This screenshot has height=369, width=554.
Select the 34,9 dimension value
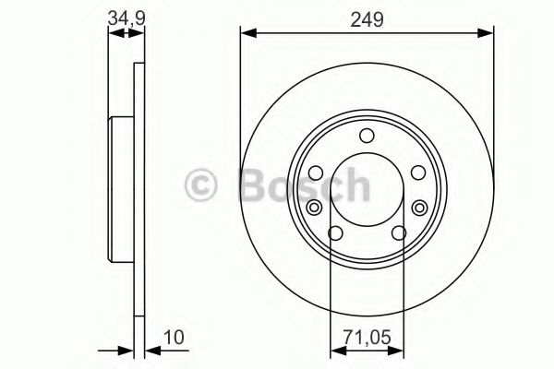[x=126, y=16]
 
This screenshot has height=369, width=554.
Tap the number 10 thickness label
[x=173, y=339]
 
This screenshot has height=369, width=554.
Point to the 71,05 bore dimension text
[x=367, y=339]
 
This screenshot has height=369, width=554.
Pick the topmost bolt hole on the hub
[x=367, y=137]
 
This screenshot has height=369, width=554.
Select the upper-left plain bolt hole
[x=317, y=173]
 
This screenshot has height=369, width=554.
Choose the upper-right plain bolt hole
[x=416, y=173]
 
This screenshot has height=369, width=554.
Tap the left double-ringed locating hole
[x=314, y=207]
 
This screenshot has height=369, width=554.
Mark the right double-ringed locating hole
[x=420, y=207]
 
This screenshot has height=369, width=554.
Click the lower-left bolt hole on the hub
[x=336, y=232]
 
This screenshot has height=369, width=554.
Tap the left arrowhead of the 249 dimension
[x=247, y=34]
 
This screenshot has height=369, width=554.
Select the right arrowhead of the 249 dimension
[x=488, y=34]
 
